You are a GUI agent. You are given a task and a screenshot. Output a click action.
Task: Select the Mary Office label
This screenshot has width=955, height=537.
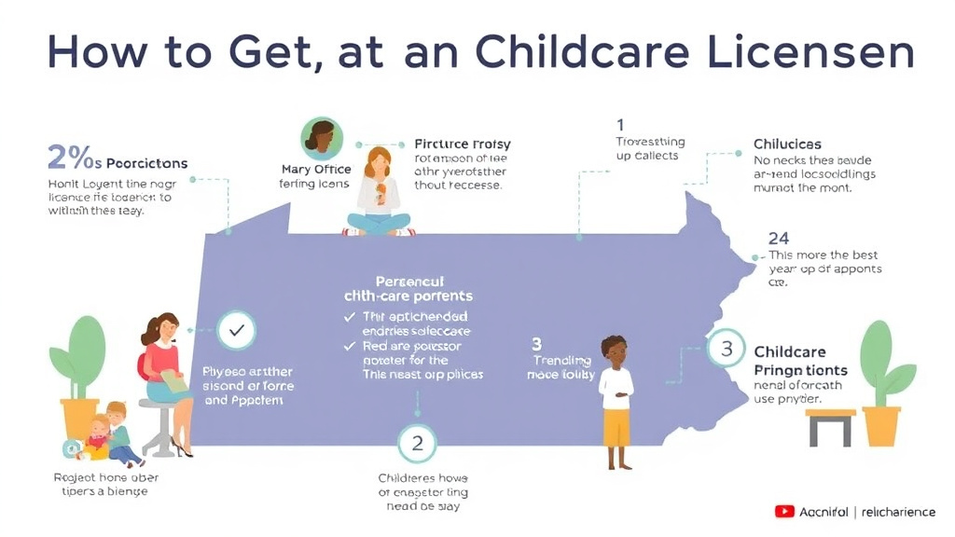316,169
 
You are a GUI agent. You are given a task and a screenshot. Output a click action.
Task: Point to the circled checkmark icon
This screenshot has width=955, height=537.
236,329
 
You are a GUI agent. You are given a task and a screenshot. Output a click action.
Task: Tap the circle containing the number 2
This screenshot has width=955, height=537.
417,443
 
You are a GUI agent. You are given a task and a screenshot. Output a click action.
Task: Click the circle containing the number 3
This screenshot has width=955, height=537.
726,350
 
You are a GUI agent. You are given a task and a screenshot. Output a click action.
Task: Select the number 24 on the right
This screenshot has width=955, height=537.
779,239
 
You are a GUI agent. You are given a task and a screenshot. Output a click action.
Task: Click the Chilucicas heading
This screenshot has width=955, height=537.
787,145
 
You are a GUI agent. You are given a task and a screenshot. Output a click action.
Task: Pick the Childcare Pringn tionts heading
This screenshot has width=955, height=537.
791,361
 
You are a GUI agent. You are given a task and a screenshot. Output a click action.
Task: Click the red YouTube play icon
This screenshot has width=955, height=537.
784,511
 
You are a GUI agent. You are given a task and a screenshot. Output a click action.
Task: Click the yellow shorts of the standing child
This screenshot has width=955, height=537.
616,427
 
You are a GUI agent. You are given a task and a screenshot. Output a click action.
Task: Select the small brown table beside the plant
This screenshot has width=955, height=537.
830,421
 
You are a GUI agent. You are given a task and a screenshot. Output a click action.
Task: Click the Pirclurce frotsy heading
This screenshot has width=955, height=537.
463,145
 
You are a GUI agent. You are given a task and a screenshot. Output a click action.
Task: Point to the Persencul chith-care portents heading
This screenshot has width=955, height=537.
409,288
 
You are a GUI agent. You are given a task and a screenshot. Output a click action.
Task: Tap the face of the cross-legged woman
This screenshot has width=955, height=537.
378,161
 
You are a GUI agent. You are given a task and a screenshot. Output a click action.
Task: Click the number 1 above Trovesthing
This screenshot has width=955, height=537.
620,124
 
